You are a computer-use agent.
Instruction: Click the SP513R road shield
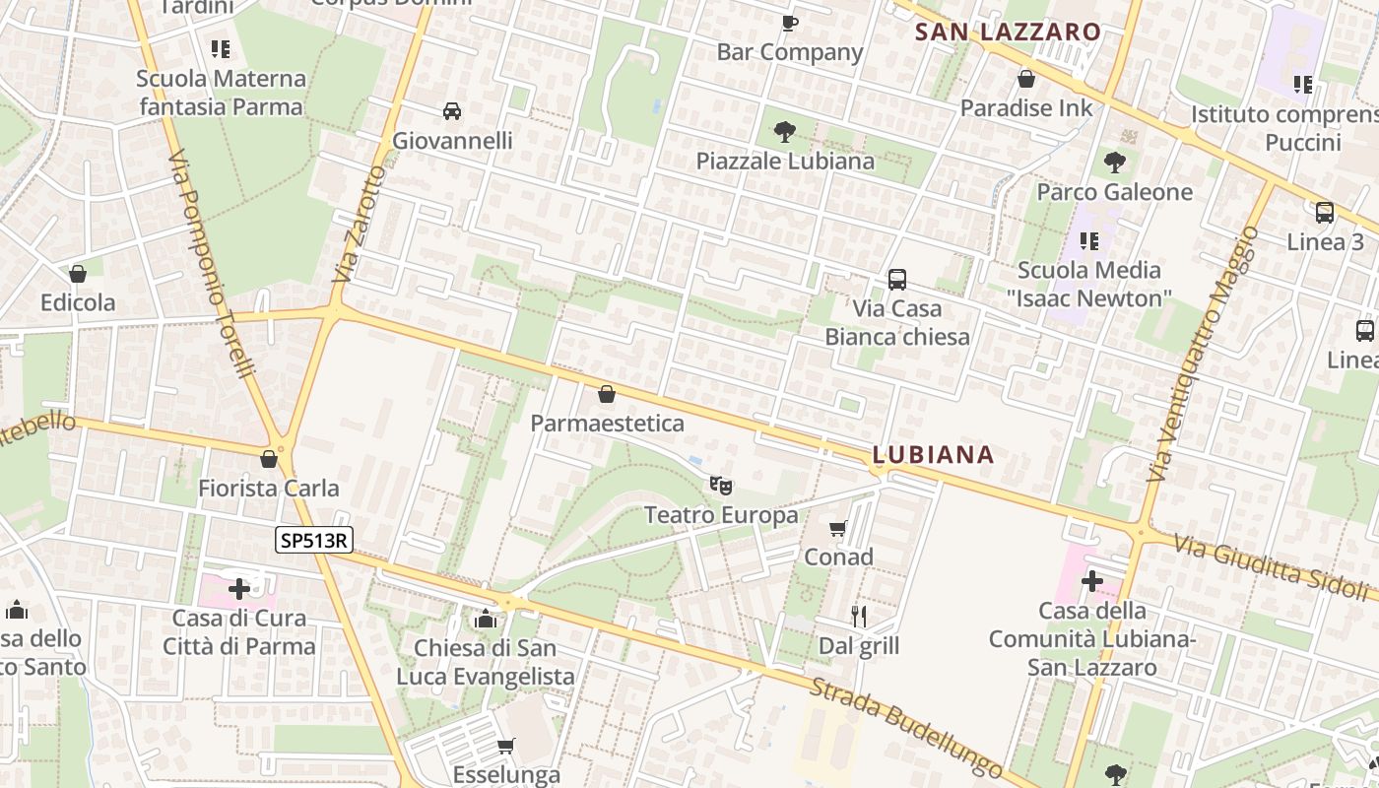[314, 539]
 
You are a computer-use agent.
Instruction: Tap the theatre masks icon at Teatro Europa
[721, 485]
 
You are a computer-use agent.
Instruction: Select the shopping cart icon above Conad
[838, 529]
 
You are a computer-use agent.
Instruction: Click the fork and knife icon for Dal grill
[859, 617]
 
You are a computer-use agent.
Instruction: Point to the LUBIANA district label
[933, 454]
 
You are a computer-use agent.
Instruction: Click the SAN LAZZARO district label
[1008, 32]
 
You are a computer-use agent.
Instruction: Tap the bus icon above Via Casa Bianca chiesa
[896, 280]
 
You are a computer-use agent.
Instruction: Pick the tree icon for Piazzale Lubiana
[785, 131]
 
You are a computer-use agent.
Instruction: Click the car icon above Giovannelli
[452, 111]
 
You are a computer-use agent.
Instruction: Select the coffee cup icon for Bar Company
[789, 23]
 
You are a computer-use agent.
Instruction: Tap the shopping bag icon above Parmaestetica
[607, 395]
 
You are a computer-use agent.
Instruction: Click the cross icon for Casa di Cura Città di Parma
[239, 589]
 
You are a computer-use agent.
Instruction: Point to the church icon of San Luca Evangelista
[485, 619]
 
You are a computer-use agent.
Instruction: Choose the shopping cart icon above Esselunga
[506, 746]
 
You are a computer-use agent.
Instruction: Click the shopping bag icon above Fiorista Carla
[268, 459]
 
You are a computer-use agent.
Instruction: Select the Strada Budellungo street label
[905, 727]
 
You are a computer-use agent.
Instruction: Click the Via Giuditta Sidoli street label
[1275, 567]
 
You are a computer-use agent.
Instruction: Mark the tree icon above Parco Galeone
[1115, 162]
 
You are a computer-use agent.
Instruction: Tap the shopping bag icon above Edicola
[78, 274]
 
